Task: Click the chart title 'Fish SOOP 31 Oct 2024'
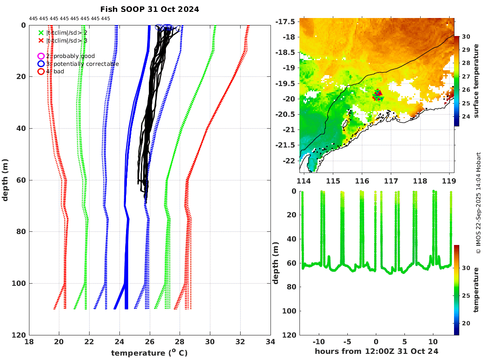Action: (149, 9)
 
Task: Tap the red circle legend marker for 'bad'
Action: (41, 71)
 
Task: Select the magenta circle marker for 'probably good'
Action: (41, 56)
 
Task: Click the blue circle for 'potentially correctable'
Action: (41, 64)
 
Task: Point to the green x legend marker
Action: (41, 32)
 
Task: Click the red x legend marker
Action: (41, 40)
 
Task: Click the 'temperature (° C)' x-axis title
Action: (149, 353)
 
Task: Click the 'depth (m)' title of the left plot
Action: (5, 180)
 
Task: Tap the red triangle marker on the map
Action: (378, 93)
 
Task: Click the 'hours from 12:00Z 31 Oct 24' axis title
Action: (376, 351)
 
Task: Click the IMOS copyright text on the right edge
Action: (478, 203)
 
